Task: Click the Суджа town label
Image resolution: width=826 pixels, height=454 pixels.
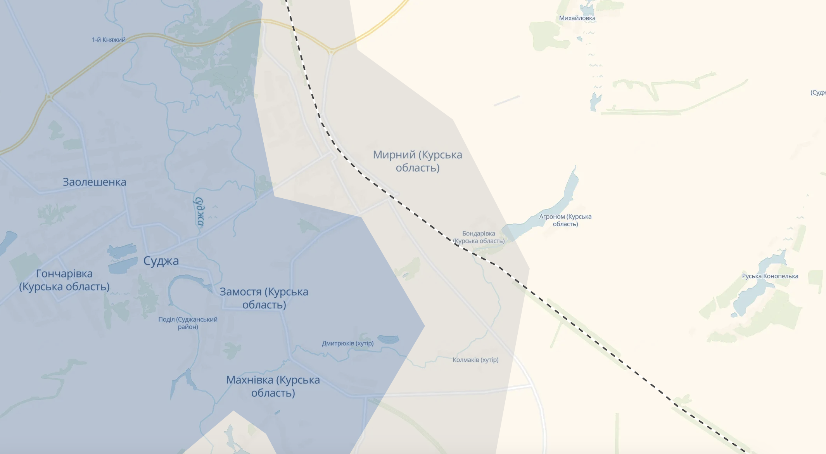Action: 161,261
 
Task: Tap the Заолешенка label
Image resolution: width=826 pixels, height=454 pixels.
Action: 94,182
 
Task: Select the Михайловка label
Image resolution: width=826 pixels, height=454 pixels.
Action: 577,18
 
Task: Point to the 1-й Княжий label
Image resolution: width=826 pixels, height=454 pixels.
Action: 109,40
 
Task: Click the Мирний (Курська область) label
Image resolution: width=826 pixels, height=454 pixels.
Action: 417,161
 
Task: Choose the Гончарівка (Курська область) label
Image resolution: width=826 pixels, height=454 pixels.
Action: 64,280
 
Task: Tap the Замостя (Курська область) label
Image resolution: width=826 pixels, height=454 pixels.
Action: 264,298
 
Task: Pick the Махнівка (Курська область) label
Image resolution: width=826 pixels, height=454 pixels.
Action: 273,386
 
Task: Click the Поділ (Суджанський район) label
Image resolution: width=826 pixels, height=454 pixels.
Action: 188,323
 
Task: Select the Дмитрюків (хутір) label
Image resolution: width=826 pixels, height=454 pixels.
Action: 347,343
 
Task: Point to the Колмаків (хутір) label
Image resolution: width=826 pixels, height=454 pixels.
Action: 475,360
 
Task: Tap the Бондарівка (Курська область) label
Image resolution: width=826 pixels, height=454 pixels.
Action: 479,237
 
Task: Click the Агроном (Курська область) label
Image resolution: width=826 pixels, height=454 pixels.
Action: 565,220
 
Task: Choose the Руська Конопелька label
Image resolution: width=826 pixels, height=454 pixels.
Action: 770,276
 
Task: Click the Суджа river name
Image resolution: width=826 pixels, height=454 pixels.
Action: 199,211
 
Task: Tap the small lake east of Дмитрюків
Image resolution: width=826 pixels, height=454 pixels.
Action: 388,340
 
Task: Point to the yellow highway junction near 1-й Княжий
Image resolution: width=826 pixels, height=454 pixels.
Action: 49,97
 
